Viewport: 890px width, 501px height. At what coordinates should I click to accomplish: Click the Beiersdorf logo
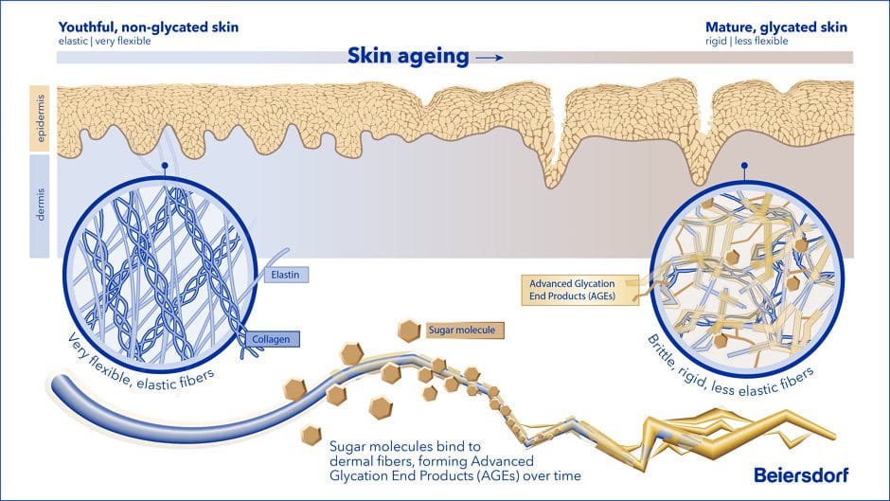pyautogui.click(x=801, y=474)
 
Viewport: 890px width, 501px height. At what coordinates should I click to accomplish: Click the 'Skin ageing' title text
pyautogui.click(x=407, y=56)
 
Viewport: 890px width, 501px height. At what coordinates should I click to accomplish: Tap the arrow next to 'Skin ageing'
pyautogui.click(x=489, y=58)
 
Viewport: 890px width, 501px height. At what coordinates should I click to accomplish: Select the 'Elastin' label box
pyautogui.click(x=285, y=275)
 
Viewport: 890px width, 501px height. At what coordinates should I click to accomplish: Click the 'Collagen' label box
pyautogui.click(x=276, y=337)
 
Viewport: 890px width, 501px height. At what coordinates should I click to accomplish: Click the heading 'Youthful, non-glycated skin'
pyautogui.click(x=149, y=27)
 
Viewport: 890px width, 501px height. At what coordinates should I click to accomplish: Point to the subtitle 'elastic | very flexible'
pyautogui.click(x=104, y=42)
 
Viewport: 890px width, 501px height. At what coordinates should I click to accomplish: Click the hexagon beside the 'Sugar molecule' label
pyautogui.click(x=409, y=331)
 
